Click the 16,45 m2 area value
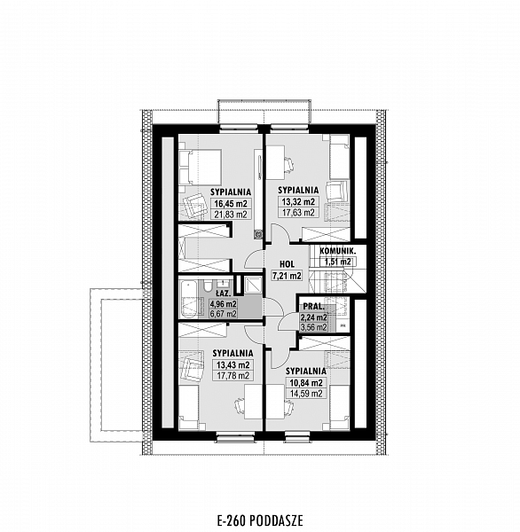(231, 204)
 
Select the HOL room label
(287, 264)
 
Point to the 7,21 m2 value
(287, 276)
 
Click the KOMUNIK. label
(338, 252)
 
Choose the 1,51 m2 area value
(338, 262)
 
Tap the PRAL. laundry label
(313, 307)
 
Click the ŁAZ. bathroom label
(225, 293)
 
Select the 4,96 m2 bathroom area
(223, 303)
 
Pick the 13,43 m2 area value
(233, 365)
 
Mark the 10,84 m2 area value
(305, 383)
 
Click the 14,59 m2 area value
(305, 394)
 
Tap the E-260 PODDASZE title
(260, 520)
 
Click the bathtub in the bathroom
(189, 299)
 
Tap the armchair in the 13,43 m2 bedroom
(192, 369)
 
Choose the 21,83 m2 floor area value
(231, 215)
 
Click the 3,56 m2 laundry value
(313, 327)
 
